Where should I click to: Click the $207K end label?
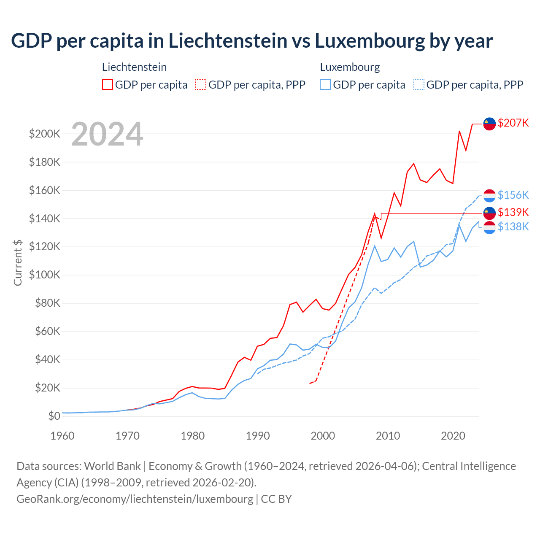click(513, 123)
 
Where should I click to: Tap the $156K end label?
click(513, 195)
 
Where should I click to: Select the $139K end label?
click(513, 212)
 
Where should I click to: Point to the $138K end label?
click(513, 227)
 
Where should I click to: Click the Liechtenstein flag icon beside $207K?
click(489, 124)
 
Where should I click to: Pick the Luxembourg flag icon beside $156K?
click(489, 195)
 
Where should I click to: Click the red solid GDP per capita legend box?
click(108, 84)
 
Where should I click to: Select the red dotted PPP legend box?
click(201, 84)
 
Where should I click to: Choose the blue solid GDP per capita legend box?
click(325, 84)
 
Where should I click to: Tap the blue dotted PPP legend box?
click(419, 84)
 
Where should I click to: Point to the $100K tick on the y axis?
click(45, 275)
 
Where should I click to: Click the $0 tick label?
click(54, 416)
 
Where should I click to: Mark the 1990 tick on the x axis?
click(258, 436)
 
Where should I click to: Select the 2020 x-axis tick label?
click(453, 436)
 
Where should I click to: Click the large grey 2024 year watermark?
click(107, 134)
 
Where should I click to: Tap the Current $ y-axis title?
click(18, 262)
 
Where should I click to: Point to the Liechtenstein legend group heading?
click(134, 67)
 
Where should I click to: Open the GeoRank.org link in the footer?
click(135, 499)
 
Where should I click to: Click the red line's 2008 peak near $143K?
click(375, 214)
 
